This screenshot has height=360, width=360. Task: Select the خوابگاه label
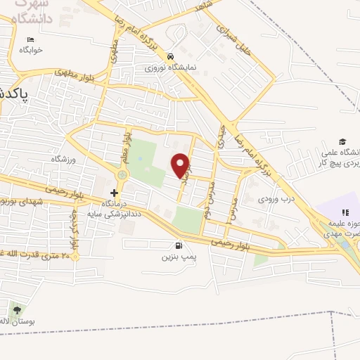pyautogui.click(x=31, y=50)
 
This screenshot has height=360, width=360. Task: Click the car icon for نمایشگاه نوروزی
pyautogui.click(x=170, y=56)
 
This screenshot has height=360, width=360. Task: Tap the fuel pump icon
pyautogui.click(x=179, y=246)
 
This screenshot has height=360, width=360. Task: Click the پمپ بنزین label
pyautogui.click(x=179, y=258)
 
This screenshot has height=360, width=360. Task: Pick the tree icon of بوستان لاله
pyautogui.click(x=16, y=309)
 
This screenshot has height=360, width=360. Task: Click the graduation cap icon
pyautogui.click(x=342, y=142)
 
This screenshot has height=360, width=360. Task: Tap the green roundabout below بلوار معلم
pyautogui.click(x=123, y=174)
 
